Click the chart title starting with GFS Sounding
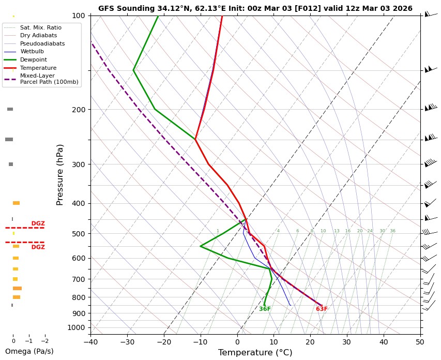[x=255, y=8]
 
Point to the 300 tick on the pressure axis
[x=78, y=164]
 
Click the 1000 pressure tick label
[x=77, y=327]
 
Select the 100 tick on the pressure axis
[x=78, y=16]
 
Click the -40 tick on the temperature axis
[x=90, y=341]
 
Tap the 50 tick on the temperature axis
[x=420, y=341]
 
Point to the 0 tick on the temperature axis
[x=237, y=341]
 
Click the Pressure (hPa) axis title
[x=60, y=174]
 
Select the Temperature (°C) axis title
[x=255, y=353]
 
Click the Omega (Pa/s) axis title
[x=29, y=351]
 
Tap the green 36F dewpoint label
[x=265, y=309]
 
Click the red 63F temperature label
[x=322, y=309]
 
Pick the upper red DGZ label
[x=38, y=223]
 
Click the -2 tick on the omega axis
[x=44, y=341]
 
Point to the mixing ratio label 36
[x=392, y=231]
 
